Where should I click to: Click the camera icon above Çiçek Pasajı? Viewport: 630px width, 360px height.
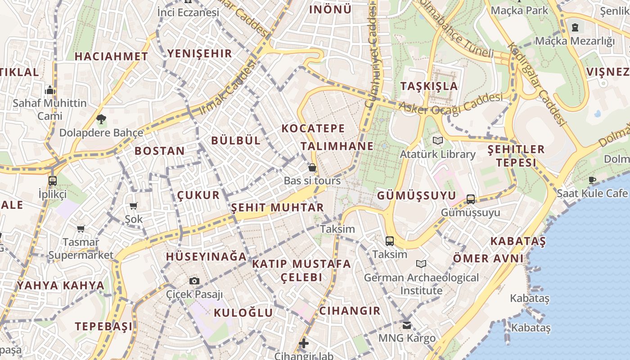tap(194, 281)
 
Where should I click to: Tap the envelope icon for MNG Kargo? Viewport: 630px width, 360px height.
tap(407, 325)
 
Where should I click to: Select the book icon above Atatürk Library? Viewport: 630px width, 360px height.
tap(437, 140)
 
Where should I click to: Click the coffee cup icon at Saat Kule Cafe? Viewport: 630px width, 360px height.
tap(592, 180)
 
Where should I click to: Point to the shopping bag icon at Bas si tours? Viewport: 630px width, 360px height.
tap(312, 168)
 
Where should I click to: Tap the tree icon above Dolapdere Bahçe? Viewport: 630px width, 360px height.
tap(101, 119)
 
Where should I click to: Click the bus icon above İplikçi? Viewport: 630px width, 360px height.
tap(53, 181)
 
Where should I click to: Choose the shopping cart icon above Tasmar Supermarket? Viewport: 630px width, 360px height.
tap(81, 229)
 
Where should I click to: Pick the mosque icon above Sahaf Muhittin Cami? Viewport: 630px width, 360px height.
tap(50, 90)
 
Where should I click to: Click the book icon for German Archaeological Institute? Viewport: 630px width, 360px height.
tap(421, 264)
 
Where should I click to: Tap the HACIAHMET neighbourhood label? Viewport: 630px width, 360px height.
tap(111, 56)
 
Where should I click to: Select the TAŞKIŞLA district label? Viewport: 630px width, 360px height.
tap(429, 86)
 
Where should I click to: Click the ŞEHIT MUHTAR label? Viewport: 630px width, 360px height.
tap(277, 207)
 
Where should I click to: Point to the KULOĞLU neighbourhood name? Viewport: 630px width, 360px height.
tap(243, 313)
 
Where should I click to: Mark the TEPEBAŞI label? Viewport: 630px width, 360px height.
tap(104, 326)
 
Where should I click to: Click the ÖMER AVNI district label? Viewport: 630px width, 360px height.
tap(488, 258)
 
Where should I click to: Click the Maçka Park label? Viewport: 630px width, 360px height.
tap(520, 10)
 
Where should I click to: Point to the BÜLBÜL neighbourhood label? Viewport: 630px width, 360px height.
tap(236, 140)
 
